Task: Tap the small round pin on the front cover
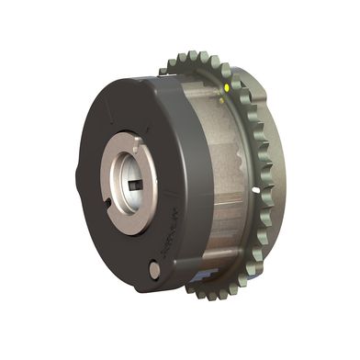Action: pos(153,269)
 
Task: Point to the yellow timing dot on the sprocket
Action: pos(227,89)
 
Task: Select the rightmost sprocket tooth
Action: pos(273,174)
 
